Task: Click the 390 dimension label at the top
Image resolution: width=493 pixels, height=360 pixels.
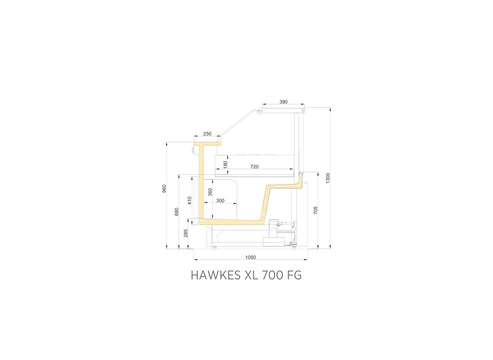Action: click(284, 102)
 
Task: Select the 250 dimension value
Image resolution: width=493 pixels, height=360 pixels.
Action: click(207, 134)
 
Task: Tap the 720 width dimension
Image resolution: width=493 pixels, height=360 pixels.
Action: click(254, 167)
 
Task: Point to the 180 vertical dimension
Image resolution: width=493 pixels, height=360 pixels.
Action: click(225, 165)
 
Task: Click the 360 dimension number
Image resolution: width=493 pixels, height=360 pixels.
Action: click(210, 192)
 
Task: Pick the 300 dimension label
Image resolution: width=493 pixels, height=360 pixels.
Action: click(220, 201)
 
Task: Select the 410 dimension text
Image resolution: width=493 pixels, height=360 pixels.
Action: click(190, 201)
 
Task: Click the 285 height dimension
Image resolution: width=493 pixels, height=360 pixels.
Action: click(186, 233)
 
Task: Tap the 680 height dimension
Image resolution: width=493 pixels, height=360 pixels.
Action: click(176, 212)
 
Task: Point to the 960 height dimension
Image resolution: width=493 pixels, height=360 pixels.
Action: click(164, 189)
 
